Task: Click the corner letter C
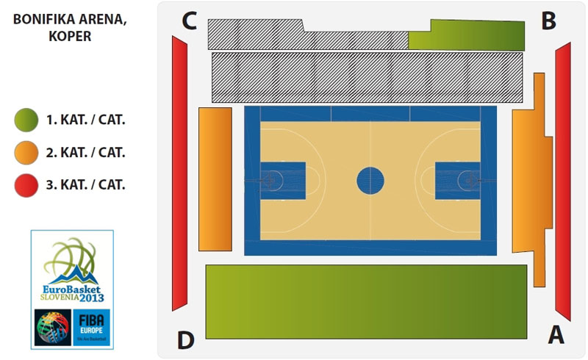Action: click(x=189, y=21)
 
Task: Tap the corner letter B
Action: click(x=548, y=21)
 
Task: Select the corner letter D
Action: click(x=186, y=340)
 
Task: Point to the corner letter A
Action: click(x=556, y=334)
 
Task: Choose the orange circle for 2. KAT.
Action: click(x=26, y=153)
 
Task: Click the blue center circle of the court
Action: click(x=370, y=180)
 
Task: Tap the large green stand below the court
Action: click(x=366, y=301)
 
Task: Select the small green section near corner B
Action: click(x=470, y=35)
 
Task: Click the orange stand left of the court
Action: click(x=215, y=180)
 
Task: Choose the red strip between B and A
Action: click(x=563, y=180)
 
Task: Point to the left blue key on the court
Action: click(x=284, y=180)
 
